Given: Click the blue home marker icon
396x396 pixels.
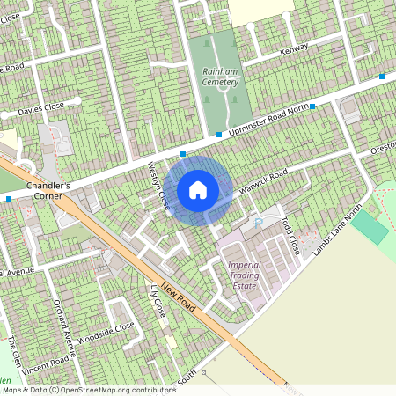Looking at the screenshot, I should pos(198,189).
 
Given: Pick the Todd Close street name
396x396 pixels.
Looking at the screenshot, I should pos(290,236).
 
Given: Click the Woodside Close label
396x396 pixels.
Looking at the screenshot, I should pos(106,333).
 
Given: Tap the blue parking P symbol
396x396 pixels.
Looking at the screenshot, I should pos(257,224).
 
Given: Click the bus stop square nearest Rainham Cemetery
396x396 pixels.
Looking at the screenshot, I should pos(218,135).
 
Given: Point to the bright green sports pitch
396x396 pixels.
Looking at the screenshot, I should pos(370,226).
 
